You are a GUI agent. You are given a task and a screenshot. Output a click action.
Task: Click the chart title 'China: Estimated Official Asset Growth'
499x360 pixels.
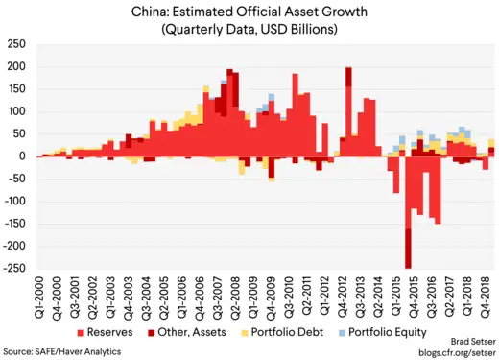point(249,12)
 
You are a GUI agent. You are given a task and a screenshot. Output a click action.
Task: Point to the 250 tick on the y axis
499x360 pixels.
point(17,45)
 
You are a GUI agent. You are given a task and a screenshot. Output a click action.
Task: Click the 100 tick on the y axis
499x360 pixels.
point(17,112)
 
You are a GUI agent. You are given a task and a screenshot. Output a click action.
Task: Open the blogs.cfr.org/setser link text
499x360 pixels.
point(453,351)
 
